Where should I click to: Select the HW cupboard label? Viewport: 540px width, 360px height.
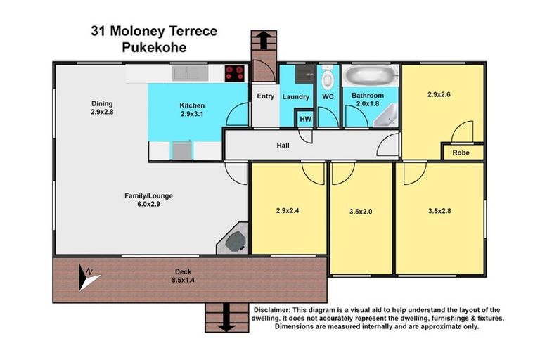(x=305, y=119)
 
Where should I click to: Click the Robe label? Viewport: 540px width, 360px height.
(x=461, y=152)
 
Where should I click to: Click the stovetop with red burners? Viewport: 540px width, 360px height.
(x=233, y=72)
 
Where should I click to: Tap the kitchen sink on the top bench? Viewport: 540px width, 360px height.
(x=186, y=72)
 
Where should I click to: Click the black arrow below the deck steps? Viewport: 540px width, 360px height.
(x=226, y=321)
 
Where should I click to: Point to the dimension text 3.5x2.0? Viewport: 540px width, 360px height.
(x=361, y=210)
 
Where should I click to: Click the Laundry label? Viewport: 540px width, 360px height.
(x=296, y=96)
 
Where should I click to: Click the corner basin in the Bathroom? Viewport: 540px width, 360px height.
(x=384, y=119)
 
